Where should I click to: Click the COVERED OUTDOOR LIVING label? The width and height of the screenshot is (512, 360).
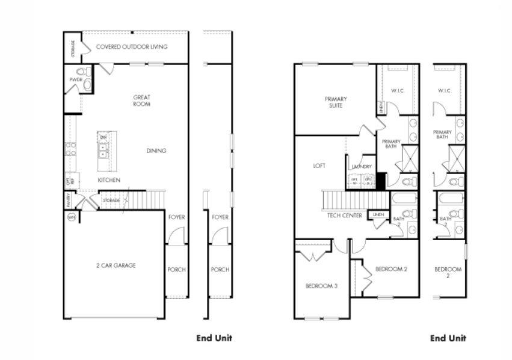click(x=132, y=46)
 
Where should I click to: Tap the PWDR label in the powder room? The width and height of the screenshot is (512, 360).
click(x=75, y=79)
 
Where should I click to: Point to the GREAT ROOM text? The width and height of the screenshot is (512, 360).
click(x=142, y=101)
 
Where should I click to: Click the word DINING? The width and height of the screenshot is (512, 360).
click(x=156, y=151)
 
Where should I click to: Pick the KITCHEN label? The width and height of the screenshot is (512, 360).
click(x=109, y=180)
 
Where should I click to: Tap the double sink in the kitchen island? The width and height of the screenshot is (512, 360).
click(x=103, y=150)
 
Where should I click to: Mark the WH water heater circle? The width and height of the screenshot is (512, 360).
click(x=71, y=217)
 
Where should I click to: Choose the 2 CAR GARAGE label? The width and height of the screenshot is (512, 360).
click(x=116, y=265)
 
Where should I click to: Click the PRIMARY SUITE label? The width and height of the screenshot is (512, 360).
click(x=335, y=102)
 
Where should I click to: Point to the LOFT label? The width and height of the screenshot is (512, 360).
click(x=319, y=166)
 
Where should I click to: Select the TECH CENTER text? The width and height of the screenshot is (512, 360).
click(x=344, y=215)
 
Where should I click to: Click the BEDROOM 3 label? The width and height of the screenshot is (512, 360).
click(x=321, y=286)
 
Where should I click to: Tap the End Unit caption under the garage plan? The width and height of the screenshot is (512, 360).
click(x=214, y=338)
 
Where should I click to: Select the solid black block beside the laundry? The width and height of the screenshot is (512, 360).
click(x=380, y=180)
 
